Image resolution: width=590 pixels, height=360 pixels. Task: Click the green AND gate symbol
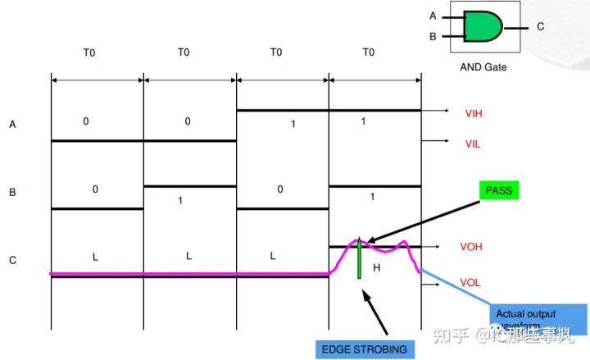click(483, 26)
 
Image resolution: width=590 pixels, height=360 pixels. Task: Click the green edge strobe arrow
click(359, 258)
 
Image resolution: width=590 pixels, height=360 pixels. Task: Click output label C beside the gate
click(540, 27)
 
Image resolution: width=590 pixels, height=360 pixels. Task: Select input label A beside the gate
click(433, 16)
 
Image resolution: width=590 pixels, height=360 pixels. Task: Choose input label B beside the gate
click(433, 36)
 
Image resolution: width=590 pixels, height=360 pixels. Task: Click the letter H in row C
click(378, 267)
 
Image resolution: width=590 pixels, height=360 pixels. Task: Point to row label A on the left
click(12, 125)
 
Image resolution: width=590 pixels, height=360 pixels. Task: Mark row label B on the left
click(12, 194)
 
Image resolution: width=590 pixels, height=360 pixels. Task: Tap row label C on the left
click(12, 262)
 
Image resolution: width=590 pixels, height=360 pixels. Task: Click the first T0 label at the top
click(89, 52)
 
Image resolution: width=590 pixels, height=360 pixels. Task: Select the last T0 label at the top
click(368, 52)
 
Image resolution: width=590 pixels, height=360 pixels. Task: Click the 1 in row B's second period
click(181, 200)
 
